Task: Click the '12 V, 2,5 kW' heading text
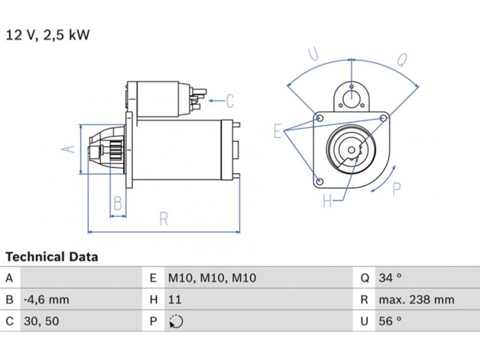[x=47, y=35]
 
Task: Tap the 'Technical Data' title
[x=52, y=257]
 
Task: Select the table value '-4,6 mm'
[x=46, y=299]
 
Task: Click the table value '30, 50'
[x=42, y=321]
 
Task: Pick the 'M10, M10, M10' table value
[x=211, y=278]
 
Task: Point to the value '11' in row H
[x=174, y=299]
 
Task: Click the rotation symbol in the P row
[x=175, y=321]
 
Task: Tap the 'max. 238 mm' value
[x=416, y=299]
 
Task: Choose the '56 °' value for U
[x=390, y=321]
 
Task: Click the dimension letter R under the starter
[x=163, y=220]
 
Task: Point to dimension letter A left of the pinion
[x=70, y=148]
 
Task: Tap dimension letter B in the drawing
[x=118, y=204]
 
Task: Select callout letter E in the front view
[x=278, y=131]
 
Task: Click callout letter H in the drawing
[x=327, y=200]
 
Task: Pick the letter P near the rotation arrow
[x=396, y=190]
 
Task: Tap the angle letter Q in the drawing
[x=402, y=59]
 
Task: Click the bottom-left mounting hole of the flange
[x=319, y=181]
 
